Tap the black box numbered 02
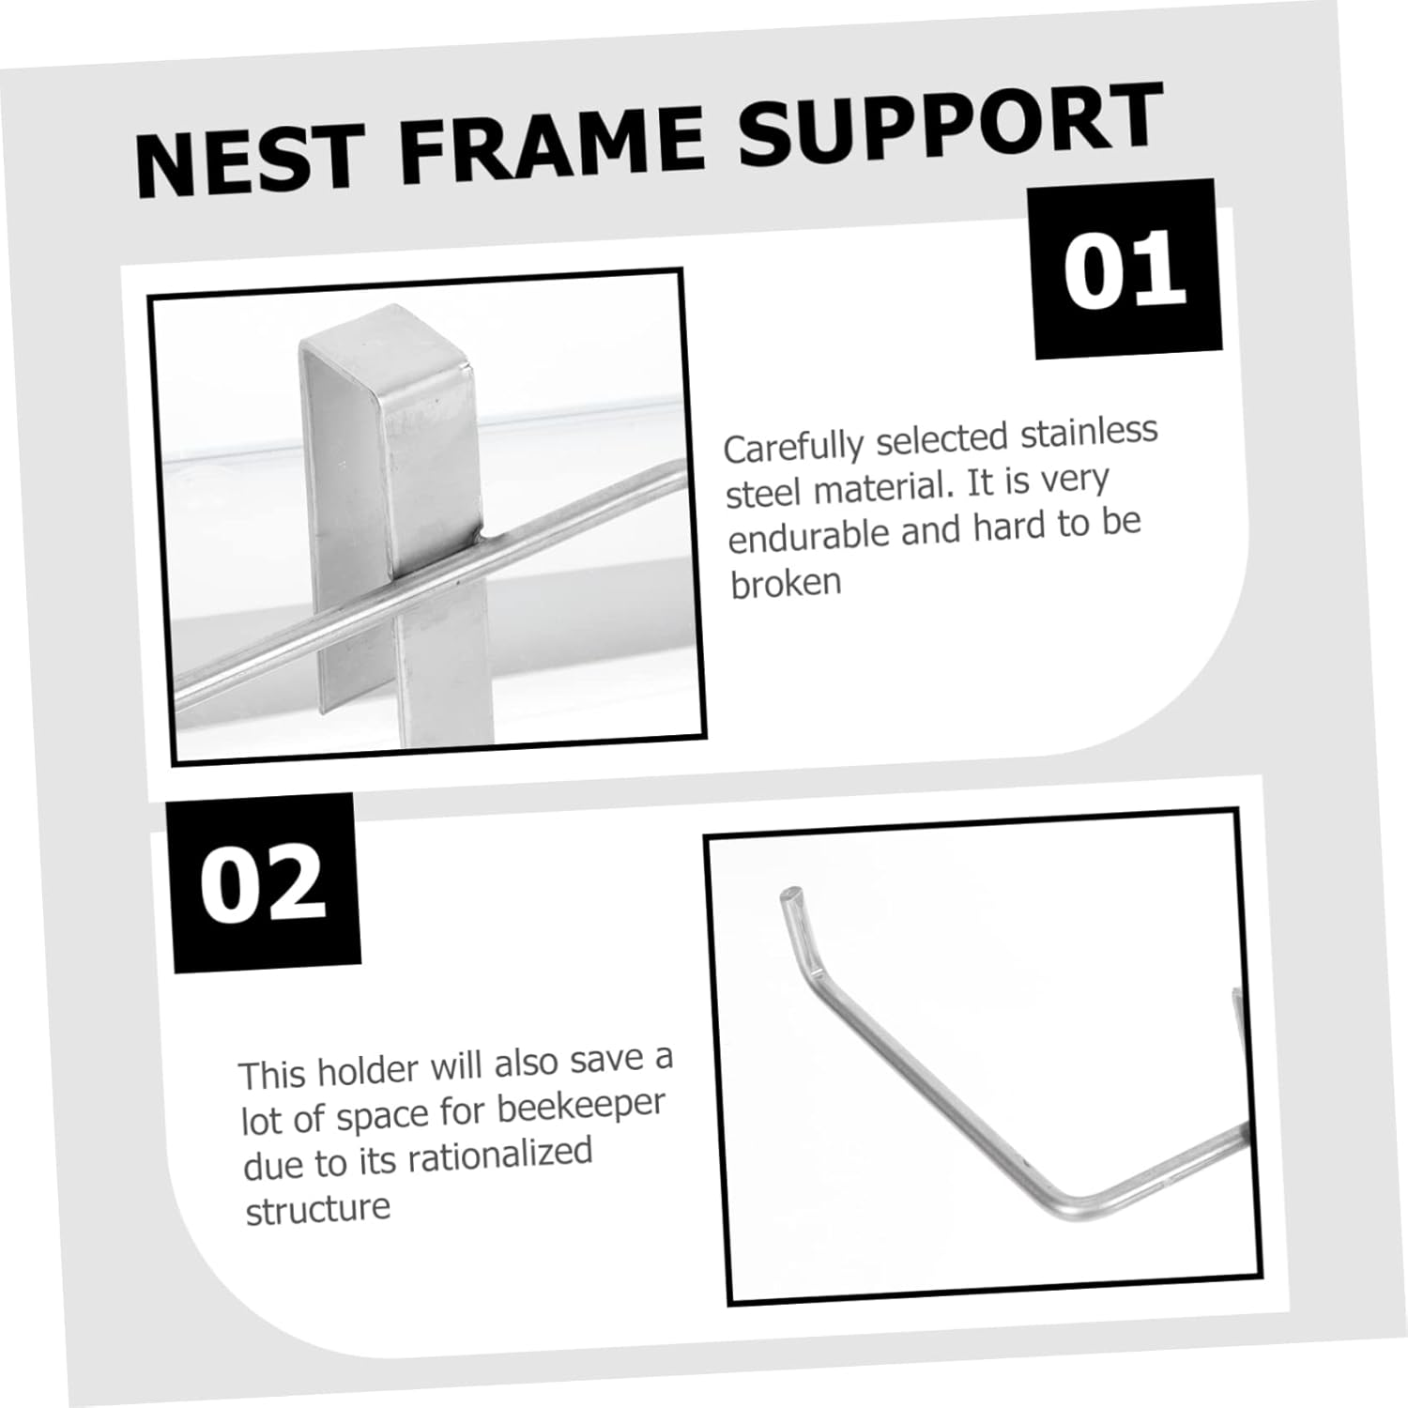[263, 883]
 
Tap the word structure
[317, 1209]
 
